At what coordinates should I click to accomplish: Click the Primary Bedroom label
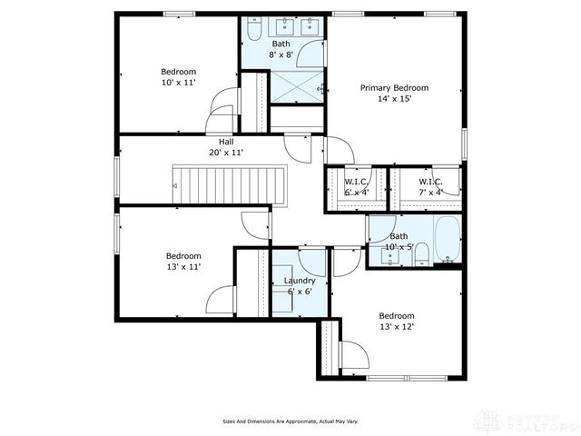click(393, 88)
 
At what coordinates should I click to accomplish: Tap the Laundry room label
click(299, 281)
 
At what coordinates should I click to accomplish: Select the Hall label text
click(225, 143)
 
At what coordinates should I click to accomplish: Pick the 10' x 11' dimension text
click(178, 83)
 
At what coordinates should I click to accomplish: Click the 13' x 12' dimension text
click(396, 326)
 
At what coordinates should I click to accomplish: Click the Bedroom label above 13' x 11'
click(183, 256)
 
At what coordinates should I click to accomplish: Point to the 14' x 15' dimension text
click(393, 99)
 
